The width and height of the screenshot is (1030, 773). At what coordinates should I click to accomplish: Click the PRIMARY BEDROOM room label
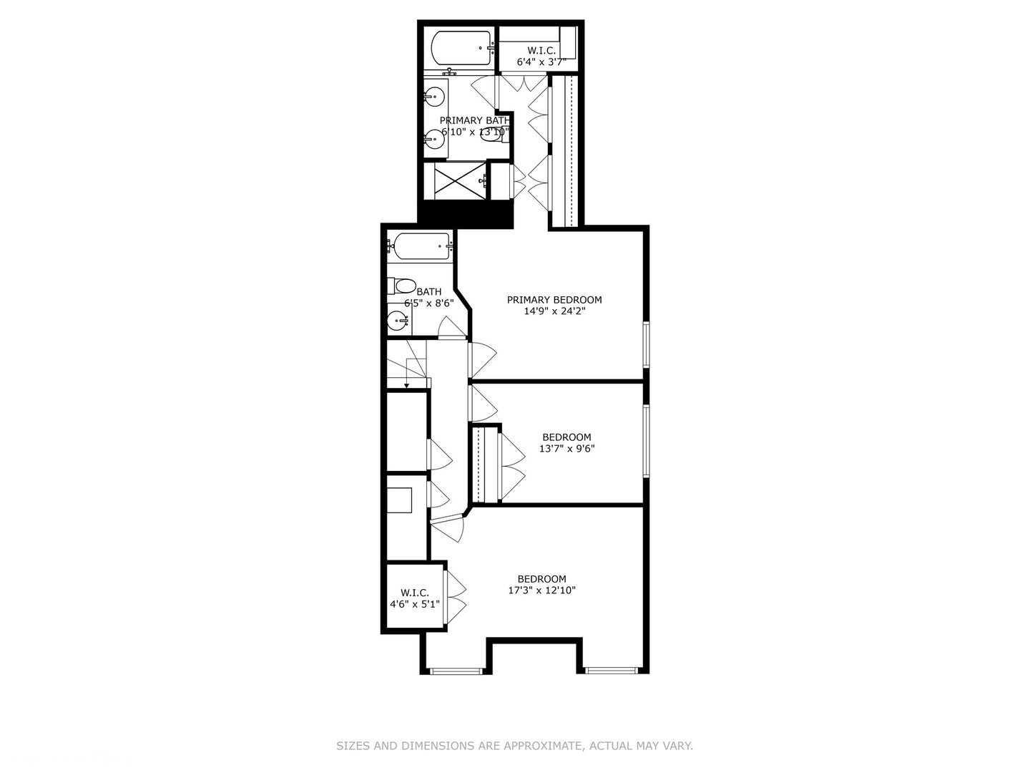click(554, 300)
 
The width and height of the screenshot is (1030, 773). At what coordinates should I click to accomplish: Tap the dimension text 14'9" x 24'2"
click(554, 311)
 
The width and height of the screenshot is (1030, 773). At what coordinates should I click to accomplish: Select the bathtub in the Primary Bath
click(461, 48)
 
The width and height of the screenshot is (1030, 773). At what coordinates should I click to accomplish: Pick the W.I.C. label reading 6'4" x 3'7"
click(541, 57)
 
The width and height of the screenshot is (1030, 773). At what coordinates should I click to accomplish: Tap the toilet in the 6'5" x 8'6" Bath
click(402, 287)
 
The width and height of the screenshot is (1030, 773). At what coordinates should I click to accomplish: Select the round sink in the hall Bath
click(398, 321)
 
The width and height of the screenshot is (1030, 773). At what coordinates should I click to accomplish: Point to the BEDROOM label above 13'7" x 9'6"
click(566, 437)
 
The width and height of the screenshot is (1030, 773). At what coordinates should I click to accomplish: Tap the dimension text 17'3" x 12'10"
click(542, 590)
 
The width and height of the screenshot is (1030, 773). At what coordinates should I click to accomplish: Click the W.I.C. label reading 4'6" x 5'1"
click(415, 598)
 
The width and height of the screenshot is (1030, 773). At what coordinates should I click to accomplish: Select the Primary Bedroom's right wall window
click(646, 345)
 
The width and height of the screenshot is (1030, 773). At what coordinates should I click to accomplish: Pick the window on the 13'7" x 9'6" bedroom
click(646, 441)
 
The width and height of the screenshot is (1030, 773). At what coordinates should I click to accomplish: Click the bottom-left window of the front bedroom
click(456, 671)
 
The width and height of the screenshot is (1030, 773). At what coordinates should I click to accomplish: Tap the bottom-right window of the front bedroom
click(611, 671)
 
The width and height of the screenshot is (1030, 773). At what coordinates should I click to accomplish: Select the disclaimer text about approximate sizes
click(514, 746)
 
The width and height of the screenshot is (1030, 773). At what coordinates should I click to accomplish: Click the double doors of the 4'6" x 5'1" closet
click(455, 597)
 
